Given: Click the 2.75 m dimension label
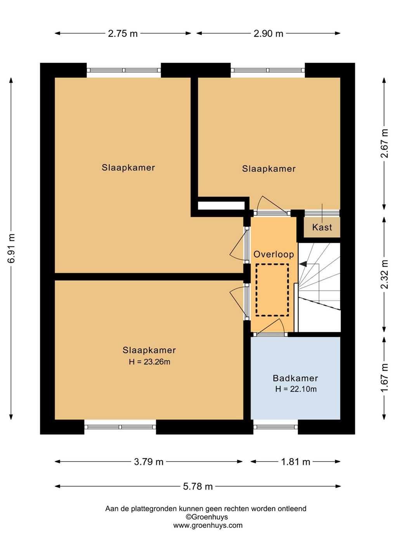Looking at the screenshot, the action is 123,33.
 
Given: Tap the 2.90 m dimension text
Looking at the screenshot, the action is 269,33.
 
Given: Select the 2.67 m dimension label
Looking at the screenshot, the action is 384,143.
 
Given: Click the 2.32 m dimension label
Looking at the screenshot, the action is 384,274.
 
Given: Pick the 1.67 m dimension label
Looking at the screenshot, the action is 384,378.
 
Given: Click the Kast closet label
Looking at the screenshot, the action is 322,227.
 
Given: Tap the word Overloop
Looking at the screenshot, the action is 274,254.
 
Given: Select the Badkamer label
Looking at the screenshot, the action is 295,378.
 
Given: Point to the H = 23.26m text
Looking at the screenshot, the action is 149,362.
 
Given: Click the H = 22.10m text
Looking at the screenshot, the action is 296,389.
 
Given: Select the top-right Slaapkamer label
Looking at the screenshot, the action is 269,169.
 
